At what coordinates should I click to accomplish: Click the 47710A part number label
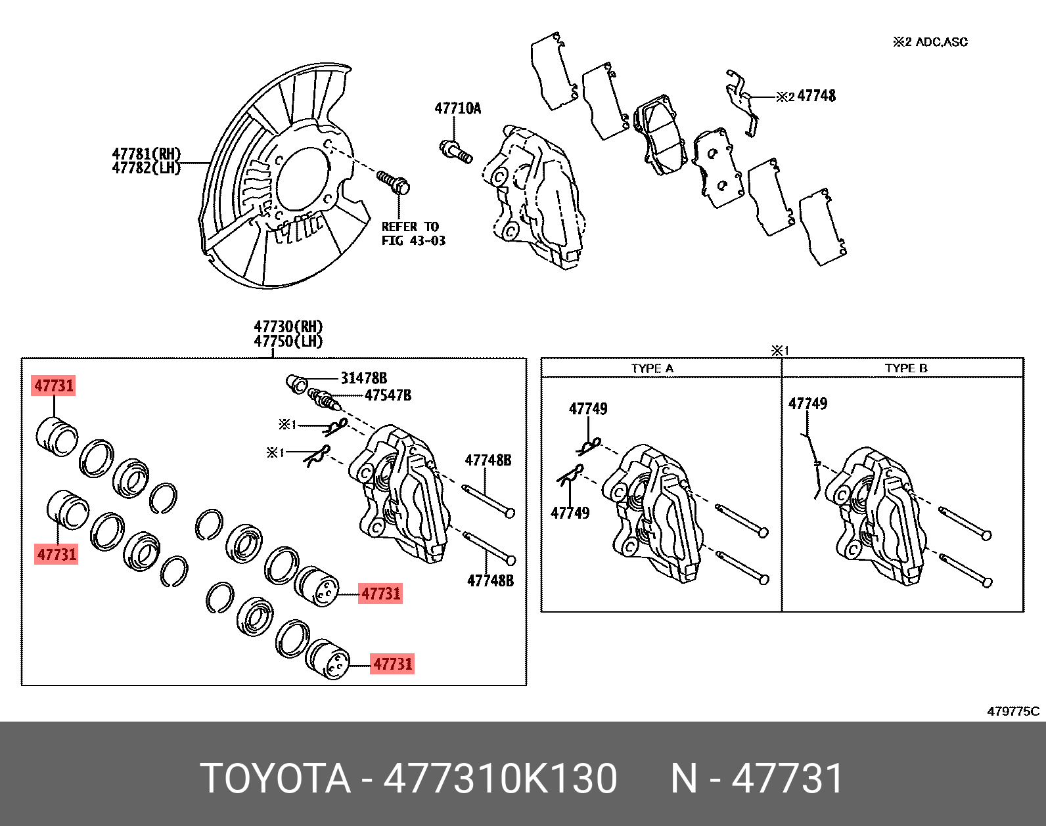pyautogui.click(x=457, y=108)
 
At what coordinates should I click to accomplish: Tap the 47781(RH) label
pyautogui.click(x=146, y=154)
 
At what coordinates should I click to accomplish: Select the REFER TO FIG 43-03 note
pyautogui.click(x=413, y=234)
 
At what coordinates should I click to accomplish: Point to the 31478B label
pyautogui.click(x=363, y=378)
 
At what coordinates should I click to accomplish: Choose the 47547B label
pyautogui.click(x=388, y=395)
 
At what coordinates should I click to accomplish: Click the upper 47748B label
pyautogui.click(x=488, y=460)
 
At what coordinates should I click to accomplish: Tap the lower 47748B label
pyautogui.click(x=490, y=580)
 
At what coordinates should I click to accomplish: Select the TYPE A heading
pyautogui.click(x=652, y=368)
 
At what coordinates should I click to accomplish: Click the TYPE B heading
pyautogui.click(x=905, y=368)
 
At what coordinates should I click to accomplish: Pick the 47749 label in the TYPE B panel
pyautogui.click(x=807, y=404)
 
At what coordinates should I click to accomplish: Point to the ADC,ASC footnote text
pyautogui.click(x=941, y=42)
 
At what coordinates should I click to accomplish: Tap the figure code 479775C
pyautogui.click(x=1012, y=711)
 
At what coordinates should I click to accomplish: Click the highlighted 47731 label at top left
pyautogui.click(x=54, y=385)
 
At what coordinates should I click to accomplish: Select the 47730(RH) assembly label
pyautogui.click(x=288, y=326)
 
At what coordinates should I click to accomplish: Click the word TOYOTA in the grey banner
pyautogui.click(x=275, y=779)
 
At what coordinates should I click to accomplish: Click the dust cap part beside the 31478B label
pyautogui.click(x=296, y=384)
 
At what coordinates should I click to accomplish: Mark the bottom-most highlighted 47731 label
pyautogui.click(x=392, y=664)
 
